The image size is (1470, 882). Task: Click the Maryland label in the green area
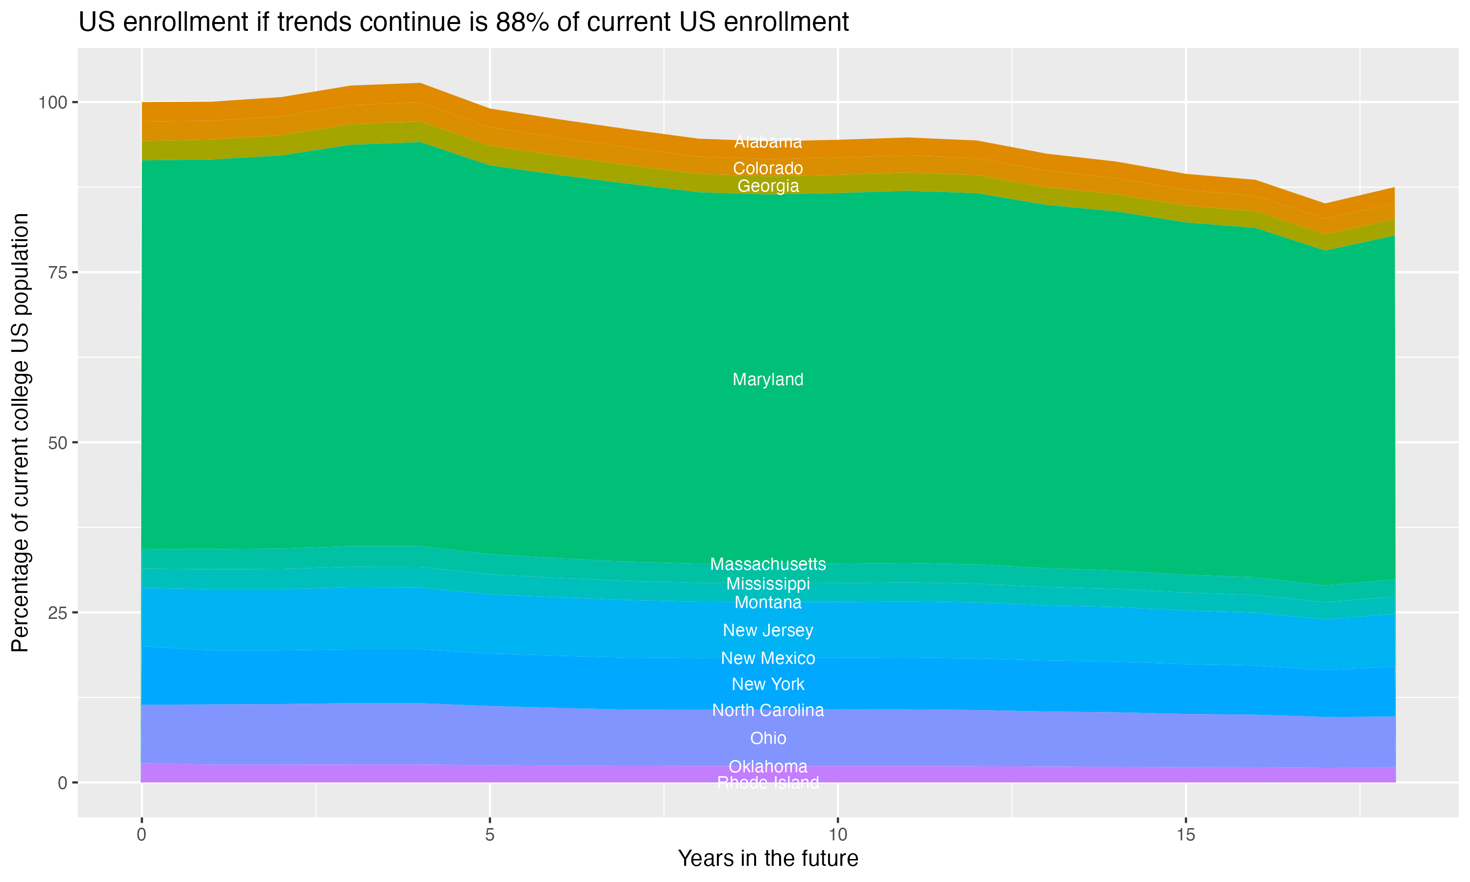[x=768, y=379]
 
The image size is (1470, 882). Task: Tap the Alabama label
[x=768, y=142]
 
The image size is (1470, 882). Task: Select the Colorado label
[x=768, y=168]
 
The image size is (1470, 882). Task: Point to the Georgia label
[x=768, y=186]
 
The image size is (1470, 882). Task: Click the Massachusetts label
[x=768, y=564]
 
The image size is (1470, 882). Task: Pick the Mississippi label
[x=768, y=584]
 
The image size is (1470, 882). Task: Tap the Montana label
[x=768, y=603]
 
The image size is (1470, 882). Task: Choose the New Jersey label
[x=768, y=631]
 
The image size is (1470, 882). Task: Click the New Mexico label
[x=768, y=659]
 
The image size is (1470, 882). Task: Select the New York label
[x=768, y=685]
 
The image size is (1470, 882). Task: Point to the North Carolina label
[x=768, y=710]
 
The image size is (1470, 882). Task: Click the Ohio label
[x=768, y=738]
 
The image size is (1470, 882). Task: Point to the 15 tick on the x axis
[x=1185, y=835]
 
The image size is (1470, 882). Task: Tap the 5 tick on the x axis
[x=490, y=835]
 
